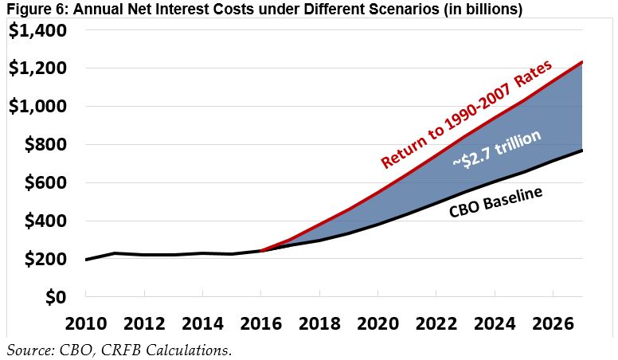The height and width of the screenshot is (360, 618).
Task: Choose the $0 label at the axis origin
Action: pos(56,297)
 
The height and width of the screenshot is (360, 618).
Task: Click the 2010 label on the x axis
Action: pos(86,326)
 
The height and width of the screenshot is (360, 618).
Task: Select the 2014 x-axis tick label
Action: pos(202,326)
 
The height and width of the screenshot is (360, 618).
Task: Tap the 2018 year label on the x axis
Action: pos(319,326)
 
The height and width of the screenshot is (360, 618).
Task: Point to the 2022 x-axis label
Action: pos(436,326)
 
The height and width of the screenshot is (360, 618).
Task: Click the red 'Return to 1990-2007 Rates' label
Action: pos(467,112)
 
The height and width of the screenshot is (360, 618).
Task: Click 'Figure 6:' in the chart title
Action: pos(29,10)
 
